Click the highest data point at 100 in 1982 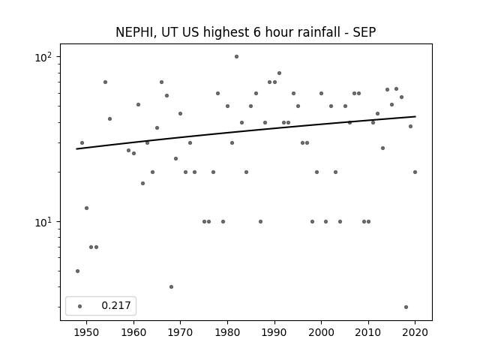coord(237,57)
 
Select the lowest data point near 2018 coord(406,307)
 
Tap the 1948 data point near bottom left coord(77,271)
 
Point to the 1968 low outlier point coord(171,286)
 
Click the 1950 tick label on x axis coord(87,332)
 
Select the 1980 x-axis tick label coord(227,332)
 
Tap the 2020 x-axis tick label coord(415,332)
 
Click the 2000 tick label coord(321,332)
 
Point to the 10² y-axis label coord(43,57)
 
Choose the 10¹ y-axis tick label coord(43,222)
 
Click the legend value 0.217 coord(116,305)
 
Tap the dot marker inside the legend coord(79,306)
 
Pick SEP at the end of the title coord(364,32)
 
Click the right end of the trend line coord(415,116)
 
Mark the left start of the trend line coord(76,149)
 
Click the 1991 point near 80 coord(279,73)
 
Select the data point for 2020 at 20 coord(415,172)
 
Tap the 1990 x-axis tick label coord(274,332)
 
